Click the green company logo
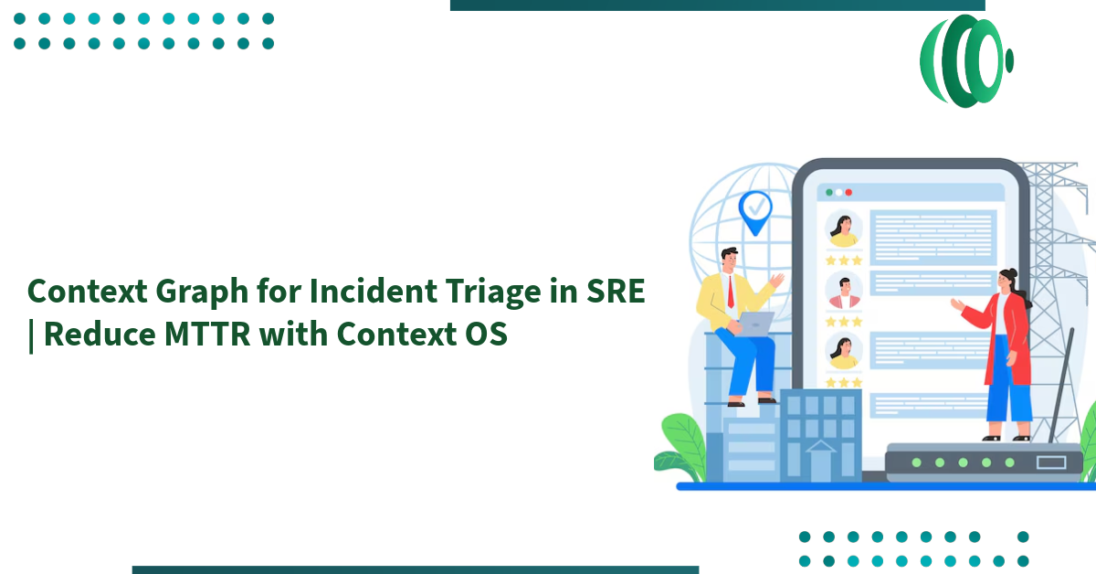coord(965,60)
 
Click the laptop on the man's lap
coord(756,323)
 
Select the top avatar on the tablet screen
coord(843,229)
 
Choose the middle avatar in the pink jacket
coord(843,292)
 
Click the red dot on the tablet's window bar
coord(848,193)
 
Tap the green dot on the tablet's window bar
coord(828,193)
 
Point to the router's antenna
coord(1061,384)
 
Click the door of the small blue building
coord(819,462)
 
